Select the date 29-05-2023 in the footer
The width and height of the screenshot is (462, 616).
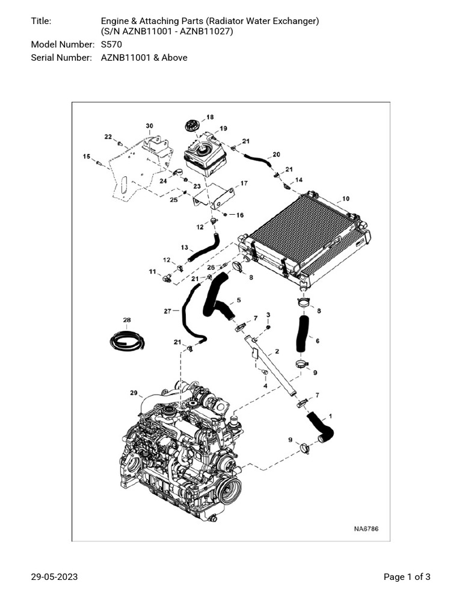54,577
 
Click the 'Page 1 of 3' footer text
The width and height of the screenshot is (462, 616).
407,577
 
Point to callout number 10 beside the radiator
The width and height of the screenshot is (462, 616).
345,199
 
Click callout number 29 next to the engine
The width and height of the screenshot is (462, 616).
134,393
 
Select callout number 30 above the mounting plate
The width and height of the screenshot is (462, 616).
149,125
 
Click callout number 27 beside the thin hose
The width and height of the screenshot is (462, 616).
168,311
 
